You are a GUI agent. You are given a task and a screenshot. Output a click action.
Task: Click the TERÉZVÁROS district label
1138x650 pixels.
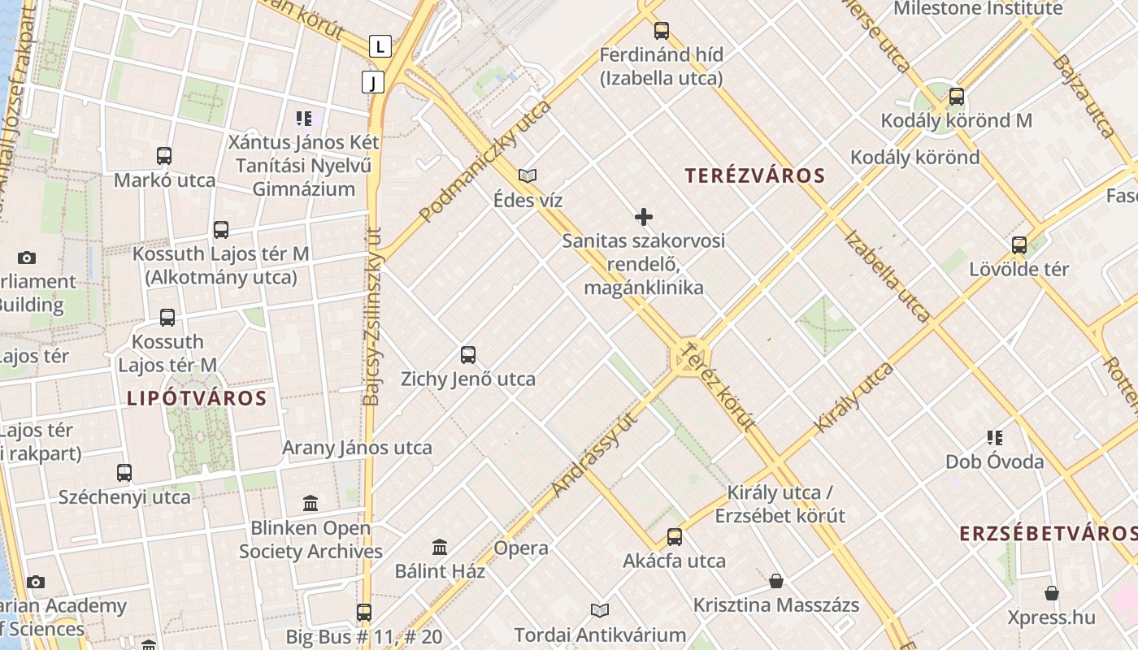pos(754,175)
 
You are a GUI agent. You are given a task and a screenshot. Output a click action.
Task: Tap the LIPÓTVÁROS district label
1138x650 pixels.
pos(197,398)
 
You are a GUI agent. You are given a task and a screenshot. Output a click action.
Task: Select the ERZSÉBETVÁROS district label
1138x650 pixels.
pos(1048,534)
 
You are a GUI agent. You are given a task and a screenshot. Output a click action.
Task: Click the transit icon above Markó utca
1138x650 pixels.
pos(164,156)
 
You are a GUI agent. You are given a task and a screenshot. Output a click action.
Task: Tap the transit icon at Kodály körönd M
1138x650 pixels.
pos(957,97)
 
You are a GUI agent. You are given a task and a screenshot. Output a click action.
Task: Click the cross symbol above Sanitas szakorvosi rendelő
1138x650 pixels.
pos(644,217)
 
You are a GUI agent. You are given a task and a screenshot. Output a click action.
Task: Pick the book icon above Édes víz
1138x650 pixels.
pos(528,175)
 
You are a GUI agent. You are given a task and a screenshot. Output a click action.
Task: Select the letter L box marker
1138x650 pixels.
pos(380,46)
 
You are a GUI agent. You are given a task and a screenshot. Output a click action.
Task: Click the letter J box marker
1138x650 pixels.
pos(372,81)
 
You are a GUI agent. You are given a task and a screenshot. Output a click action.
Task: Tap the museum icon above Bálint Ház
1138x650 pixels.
pos(440,547)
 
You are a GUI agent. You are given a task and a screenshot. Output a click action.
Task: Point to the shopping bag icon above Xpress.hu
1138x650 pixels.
pos(1052,593)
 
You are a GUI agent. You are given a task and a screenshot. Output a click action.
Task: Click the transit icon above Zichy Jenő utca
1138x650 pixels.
pos(468,355)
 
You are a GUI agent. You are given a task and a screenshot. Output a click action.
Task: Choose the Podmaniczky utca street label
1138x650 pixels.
pos(485,162)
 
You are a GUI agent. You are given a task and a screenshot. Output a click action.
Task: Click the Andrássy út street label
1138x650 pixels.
pos(593,454)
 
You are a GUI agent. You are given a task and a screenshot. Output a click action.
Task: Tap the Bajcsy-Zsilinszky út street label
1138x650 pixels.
pos(372,317)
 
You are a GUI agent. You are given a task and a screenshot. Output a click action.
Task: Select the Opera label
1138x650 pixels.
pos(521,548)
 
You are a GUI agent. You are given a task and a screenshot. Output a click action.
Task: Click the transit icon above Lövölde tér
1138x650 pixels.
pos(1019,245)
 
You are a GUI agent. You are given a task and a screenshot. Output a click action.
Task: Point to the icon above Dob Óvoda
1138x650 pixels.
pos(995,438)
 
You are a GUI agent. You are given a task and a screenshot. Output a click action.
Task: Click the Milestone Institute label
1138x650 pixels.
pos(978,9)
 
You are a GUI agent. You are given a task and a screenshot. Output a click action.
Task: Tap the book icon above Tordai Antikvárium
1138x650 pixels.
pos(600,610)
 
